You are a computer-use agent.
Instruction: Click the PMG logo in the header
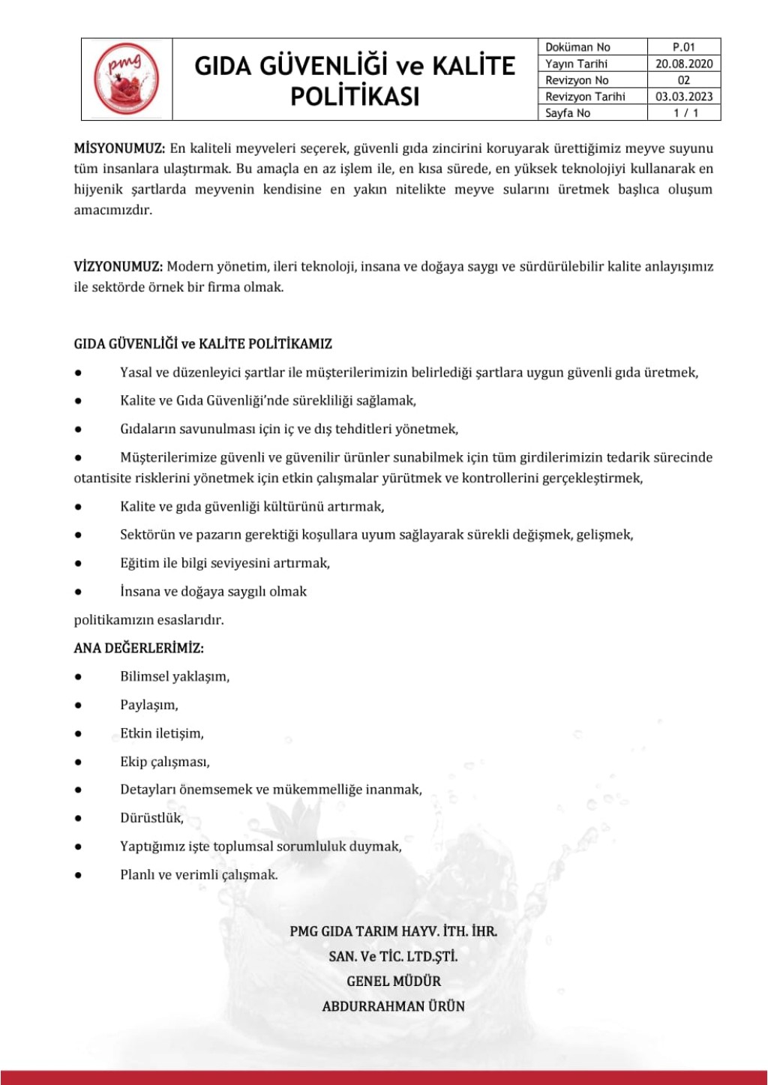tap(127, 79)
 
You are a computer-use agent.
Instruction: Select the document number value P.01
tap(683, 46)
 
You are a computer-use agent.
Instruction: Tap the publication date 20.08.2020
tap(683, 64)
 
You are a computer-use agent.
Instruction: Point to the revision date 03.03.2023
tap(683, 96)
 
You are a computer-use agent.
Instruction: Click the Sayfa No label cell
tap(568, 112)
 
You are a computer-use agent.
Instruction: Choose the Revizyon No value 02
tap(683, 80)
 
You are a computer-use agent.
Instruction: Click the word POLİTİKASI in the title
tap(354, 97)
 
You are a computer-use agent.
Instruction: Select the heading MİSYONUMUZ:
tap(119, 148)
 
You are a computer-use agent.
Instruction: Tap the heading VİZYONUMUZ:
tap(118, 266)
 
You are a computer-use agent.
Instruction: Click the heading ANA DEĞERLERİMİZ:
tap(139, 648)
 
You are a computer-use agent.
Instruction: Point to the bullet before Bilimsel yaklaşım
tap(78, 676)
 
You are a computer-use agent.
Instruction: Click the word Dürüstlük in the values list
tap(151, 818)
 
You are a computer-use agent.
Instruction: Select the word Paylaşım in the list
tap(148, 705)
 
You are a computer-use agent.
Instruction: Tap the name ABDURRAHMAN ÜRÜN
tap(393, 1006)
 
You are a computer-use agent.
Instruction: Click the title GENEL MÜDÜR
tap(393, 981)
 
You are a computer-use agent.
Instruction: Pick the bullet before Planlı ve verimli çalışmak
tap(78, 875)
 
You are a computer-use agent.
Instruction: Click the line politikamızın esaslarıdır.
tap(148, 620)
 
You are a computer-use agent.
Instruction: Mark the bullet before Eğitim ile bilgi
tap(78, 563)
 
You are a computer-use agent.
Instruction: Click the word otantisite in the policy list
tap(105, 478)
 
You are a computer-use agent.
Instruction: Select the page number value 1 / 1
tap(685, 112)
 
